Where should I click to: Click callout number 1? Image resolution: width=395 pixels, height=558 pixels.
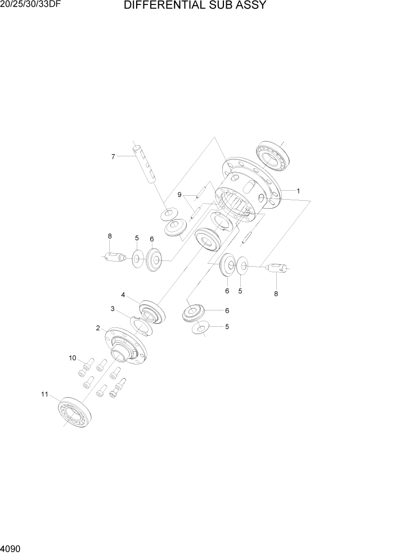tap(298, 191)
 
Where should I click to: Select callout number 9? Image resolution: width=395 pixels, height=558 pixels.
tap(179, 195)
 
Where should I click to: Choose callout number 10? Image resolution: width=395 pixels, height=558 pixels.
tap(72, 358)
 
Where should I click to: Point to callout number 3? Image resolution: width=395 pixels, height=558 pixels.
tap(113, 308)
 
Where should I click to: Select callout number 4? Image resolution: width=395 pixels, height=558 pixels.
tap(123, 294)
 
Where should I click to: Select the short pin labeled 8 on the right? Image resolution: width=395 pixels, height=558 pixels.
tap(276, 268)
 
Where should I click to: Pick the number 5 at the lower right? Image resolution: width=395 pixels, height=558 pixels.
tap(227, 326)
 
